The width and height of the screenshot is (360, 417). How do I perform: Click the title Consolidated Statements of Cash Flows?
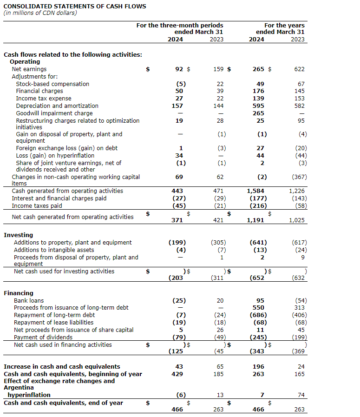75,7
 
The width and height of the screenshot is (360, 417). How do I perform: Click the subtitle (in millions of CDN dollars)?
40,13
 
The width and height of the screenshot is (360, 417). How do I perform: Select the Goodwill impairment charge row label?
54,113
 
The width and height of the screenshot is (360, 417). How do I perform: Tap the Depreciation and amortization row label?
57,106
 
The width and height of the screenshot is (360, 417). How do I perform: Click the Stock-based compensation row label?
52,84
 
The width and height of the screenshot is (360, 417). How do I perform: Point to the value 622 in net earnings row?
299,69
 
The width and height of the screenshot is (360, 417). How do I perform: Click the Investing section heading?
19,235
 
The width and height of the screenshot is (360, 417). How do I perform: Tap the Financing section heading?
19,293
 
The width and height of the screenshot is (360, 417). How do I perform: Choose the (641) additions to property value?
258,242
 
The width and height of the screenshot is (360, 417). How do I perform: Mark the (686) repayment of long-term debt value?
258,315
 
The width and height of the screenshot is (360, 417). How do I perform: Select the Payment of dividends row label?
43,337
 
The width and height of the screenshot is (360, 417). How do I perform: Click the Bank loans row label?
29,300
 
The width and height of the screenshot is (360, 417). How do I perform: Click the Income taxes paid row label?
37,205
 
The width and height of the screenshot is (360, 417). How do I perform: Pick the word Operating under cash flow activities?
25,61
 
